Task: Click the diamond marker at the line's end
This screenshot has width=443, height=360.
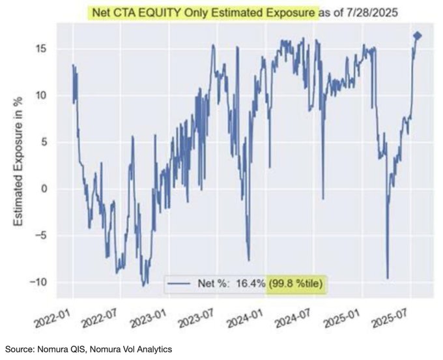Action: pyautogui.click(x=418, y=36)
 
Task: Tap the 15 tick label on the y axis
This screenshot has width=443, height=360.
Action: pyautogui.click(x=41, y=49)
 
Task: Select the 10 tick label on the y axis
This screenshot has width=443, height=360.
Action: pyautogui.click(x=41, y=96)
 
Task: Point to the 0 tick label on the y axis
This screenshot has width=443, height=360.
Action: pyautogui.click(x=44, y=188)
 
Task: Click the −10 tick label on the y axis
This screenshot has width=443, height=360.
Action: pyautogui.click(x=38, y=282)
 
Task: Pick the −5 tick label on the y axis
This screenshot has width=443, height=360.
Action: pyautogui.click(x=41, y=235)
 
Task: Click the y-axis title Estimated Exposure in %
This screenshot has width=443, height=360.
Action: pyautogui.click(x=18, y=161)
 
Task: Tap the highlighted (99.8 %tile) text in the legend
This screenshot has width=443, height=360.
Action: pyautogui.click(x=296, y=283)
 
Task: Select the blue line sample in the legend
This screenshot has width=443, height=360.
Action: pyautogui.click(x=179, y=283)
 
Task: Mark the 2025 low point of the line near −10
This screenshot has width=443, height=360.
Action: pyautogui.click(x=388, y=278)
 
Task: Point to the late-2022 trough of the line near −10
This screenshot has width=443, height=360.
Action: pyautogui.click(x=143, y=286)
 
